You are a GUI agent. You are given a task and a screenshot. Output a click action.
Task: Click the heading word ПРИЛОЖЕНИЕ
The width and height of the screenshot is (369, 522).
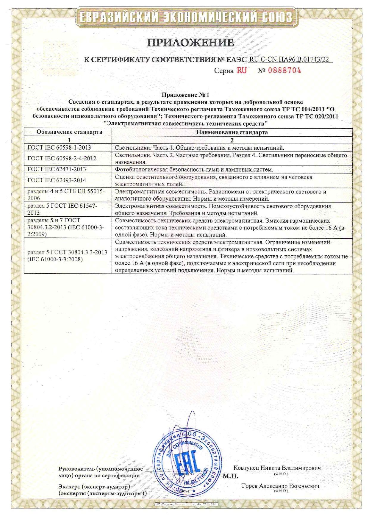pos(190,42)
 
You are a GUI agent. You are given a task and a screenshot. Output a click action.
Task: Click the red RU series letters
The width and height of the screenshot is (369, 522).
pos(242,71)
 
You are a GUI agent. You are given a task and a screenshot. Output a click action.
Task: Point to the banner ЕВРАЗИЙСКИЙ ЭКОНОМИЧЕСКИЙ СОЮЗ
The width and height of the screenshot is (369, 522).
pos(186,17)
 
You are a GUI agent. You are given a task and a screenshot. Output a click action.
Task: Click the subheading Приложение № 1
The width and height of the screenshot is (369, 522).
pos(185,95)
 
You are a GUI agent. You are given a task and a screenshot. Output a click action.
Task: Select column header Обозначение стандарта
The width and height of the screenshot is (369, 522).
pos(69,132)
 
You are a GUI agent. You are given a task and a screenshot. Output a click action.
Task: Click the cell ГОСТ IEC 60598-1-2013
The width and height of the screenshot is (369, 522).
pos(59,148)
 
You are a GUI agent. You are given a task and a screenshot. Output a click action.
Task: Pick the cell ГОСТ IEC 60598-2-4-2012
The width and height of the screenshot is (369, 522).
pos(62,158)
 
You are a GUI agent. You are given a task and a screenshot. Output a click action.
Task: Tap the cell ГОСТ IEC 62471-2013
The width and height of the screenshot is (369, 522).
pos(57,169)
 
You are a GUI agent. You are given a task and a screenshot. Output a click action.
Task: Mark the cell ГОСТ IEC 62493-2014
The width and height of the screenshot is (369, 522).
pos(57,180)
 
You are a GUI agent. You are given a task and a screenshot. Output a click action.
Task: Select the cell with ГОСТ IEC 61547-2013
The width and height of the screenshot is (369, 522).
pos(62,209)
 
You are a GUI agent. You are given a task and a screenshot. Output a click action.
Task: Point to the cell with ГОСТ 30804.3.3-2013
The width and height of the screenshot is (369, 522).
pos(67,256)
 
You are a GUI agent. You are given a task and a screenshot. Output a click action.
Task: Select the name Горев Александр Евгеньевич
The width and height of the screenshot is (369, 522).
pos(280,486)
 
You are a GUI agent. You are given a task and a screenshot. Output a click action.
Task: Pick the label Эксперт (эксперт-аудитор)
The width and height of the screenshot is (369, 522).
pos(94,487)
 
